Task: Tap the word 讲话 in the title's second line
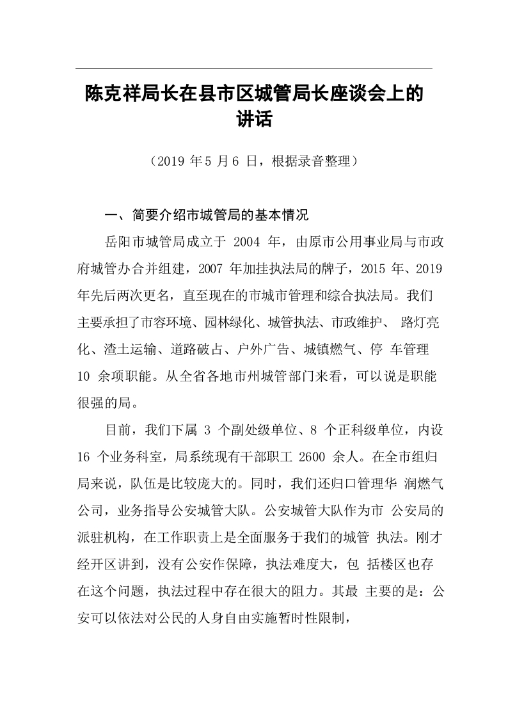click(x=254, y=119)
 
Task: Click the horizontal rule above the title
click(x=254, y=68)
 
